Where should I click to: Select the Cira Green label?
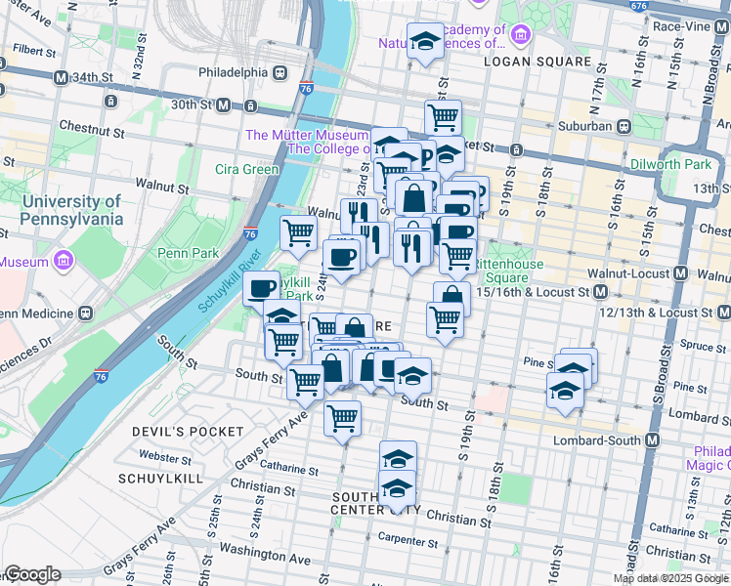246,169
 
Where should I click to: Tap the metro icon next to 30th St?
223,105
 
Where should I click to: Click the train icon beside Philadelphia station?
279,72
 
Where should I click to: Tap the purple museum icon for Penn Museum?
64,261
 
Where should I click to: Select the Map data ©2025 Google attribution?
670,578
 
